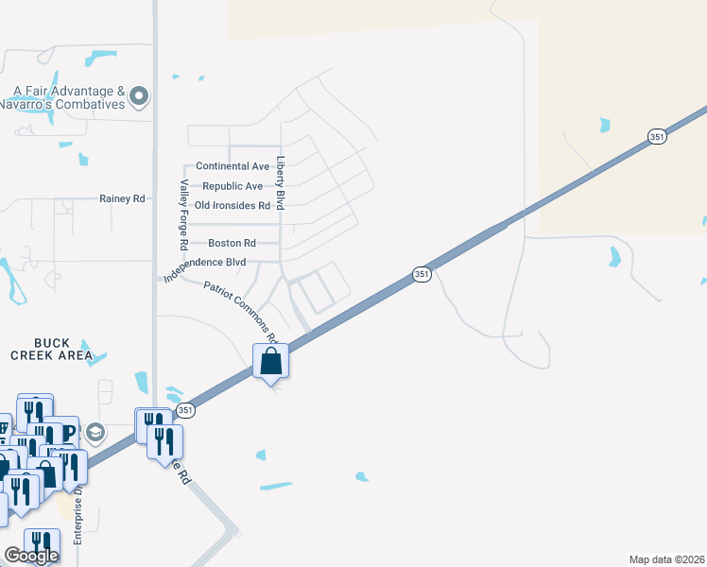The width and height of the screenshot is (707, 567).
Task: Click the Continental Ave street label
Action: click(x=232, y=166)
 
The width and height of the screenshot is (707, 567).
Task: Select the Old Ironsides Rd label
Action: click(x=233, y=205)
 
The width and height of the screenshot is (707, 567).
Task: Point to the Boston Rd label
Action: click(x=232, y=243)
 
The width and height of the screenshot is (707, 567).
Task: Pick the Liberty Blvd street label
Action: click(x=280, y=183)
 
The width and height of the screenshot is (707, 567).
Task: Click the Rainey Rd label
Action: click(x=123, y=198)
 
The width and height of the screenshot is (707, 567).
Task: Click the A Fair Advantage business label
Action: click(x=69, y=92)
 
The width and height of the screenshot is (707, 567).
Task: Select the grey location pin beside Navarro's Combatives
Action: click(x=139, y=95)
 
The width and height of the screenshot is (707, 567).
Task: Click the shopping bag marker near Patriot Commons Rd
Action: click(x=270, y=360)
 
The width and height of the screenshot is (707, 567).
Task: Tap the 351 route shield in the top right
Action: click(x=659, y=138)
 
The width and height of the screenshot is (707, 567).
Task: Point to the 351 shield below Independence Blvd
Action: click(x=422, y=274)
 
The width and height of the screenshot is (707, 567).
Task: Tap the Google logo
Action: click(x=31, y=556)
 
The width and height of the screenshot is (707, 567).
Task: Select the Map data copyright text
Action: click(x=667, y=559)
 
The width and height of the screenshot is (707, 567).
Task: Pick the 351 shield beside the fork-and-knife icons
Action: click(x=185, y=409)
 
